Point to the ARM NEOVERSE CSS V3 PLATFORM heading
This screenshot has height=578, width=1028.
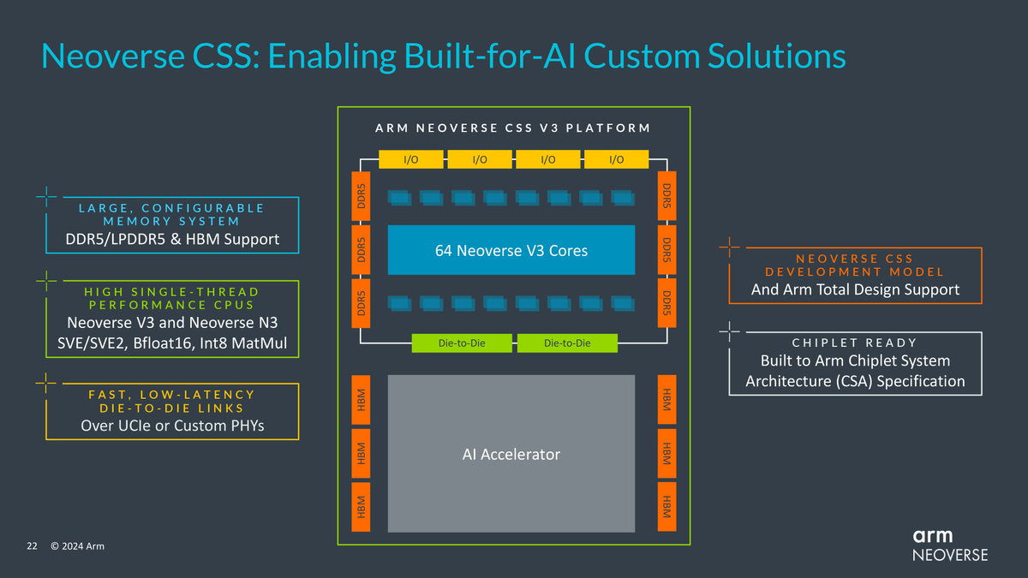(513, 128)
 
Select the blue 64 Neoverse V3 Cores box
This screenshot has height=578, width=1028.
(511, 250)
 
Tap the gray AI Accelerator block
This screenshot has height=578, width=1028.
(511, 454)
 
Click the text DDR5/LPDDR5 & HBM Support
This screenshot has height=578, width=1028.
(172, 239)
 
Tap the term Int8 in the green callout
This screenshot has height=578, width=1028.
(231, 344)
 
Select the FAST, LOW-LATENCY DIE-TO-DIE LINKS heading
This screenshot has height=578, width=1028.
(171, 401)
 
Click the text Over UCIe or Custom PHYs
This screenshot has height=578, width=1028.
(171, 426)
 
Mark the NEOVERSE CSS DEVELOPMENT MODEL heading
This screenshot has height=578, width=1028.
(854, 265)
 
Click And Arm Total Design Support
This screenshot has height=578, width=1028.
(855, 289)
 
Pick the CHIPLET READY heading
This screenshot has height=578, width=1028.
(854, 343)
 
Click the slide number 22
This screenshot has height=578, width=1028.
(33, 546)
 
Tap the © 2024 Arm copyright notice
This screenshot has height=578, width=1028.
(77, 546)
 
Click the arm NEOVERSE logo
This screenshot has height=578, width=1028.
(948, 545)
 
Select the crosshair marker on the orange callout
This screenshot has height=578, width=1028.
(730, 249)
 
